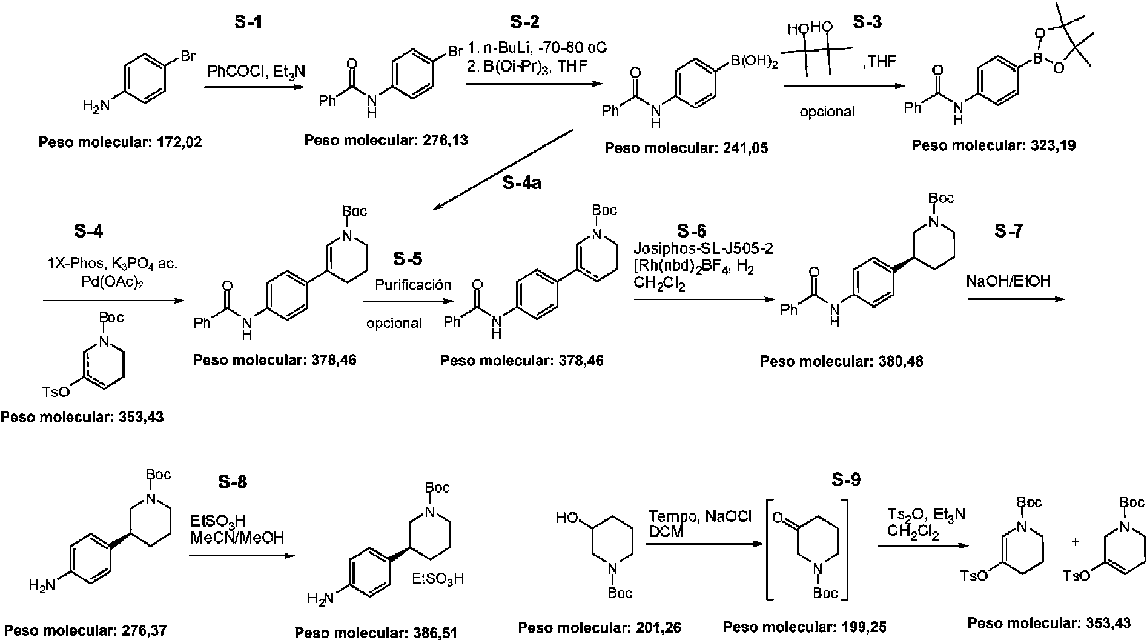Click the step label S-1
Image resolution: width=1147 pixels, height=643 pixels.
click(249, 23)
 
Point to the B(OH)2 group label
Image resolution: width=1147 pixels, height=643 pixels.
click(749, 61)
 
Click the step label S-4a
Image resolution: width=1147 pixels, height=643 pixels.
click(522, 182)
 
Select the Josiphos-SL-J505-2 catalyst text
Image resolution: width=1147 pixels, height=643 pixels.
click(703, 248)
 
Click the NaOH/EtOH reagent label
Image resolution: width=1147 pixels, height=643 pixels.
click(1008, 281)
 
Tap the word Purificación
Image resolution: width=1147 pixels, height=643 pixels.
click(413, 285)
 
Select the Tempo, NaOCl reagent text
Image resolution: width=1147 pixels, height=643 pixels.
click(700, 516)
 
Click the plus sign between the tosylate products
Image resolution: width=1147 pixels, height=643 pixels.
click(1076, 542)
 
